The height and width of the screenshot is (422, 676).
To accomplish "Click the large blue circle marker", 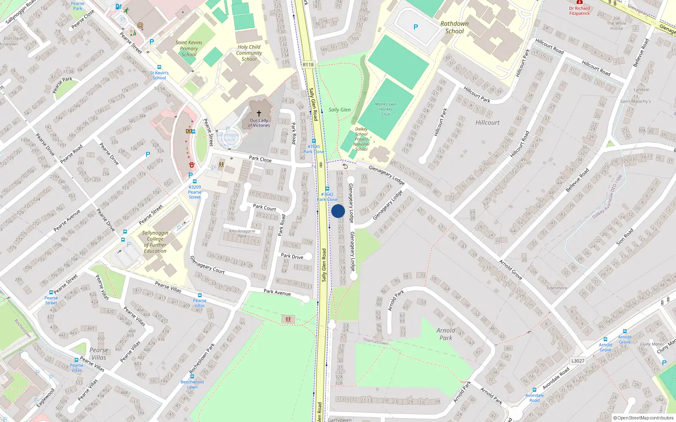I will (x=338, y=211).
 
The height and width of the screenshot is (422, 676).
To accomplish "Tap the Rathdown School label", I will (x=455, y=27).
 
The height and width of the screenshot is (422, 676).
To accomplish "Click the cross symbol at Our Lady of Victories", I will (x=259, y=113).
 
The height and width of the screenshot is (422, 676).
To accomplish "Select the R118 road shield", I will (x=308, y=65).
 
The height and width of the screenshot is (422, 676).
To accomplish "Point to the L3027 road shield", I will (x=578, y=361).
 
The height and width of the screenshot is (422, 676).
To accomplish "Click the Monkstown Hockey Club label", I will (x=386, y=109).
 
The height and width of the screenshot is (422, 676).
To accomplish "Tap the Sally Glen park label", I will (x=340, y=110).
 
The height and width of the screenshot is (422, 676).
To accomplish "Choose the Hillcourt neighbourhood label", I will (x=488, y=122).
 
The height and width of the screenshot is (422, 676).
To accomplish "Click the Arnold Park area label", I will (x=446, y=334).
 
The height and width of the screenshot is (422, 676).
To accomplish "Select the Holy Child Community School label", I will (x=249, y=53).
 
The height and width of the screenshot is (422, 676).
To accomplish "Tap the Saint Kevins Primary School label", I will (x=189, y=48).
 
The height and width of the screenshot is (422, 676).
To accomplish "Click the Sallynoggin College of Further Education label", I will (x=155, y=242).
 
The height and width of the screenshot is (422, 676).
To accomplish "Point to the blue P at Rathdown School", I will (x=416, y=27).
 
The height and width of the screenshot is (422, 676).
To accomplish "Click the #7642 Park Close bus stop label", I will (x=327, y=197).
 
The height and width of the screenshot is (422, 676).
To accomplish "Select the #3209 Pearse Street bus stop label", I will (x=195, y=192).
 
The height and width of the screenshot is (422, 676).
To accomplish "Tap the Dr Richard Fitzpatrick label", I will (x=580, y=11).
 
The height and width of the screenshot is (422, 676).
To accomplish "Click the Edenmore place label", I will (x=557, y=288).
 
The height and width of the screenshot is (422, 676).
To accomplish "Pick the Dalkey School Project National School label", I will (x=361, y=139).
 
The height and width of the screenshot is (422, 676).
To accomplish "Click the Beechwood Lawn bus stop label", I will (x=192, y=384).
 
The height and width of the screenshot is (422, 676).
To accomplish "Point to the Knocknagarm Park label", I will (x=242, y=233).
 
